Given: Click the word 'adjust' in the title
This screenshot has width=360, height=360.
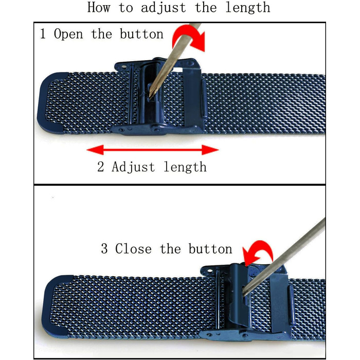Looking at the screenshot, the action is point(163,8).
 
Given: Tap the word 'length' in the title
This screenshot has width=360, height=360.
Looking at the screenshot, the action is point(248,8).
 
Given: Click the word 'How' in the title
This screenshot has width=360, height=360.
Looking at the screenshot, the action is point(99,7).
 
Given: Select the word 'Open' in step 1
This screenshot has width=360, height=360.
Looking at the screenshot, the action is point(68,34).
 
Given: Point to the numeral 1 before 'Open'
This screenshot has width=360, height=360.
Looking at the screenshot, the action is point(43,33).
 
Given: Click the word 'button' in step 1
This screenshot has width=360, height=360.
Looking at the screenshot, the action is point(141,34).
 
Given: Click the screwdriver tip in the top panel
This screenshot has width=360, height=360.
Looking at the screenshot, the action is point(150,98).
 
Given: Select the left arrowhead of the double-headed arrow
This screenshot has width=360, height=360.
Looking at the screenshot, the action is point(95,150).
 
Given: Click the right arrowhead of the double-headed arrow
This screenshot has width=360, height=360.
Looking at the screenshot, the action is point(210,150).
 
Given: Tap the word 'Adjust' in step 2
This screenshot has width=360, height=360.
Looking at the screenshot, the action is point(133,167).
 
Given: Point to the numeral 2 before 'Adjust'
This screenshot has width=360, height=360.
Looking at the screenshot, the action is point(101,167).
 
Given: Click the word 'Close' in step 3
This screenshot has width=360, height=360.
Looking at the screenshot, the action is point(133,248).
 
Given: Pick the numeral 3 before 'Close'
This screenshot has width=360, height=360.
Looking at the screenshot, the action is point(104,248).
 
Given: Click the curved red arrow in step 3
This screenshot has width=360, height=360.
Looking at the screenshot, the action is point(258,253).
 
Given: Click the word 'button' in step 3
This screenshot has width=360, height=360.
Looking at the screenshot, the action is point(210,248).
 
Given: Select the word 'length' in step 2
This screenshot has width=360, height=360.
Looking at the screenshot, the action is point(185,167).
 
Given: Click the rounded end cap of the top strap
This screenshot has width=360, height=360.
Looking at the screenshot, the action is point(51,103).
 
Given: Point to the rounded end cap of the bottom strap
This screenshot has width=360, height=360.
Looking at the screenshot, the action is point(57,305).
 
